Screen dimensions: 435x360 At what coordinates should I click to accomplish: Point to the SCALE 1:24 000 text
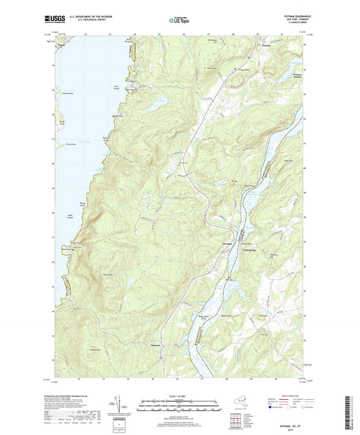(179, 394)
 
